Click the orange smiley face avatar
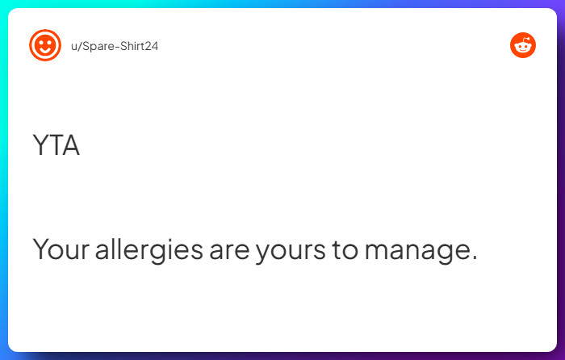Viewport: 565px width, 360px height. (44, 45)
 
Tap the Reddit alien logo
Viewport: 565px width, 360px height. (523, 45)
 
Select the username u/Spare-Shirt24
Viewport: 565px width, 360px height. (115, 46)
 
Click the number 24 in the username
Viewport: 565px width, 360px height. (151, 46)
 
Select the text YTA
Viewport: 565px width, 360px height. (56, 146)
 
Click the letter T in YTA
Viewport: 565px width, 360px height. (56, 146)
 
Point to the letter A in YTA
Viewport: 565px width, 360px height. (70, 146)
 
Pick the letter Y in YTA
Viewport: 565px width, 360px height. (40, 146)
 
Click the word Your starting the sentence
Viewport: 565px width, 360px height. (60, 249)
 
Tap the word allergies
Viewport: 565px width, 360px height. (149, 250)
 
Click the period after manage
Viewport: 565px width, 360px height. (474, 258)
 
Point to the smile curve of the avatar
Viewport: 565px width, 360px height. (44, 51)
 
